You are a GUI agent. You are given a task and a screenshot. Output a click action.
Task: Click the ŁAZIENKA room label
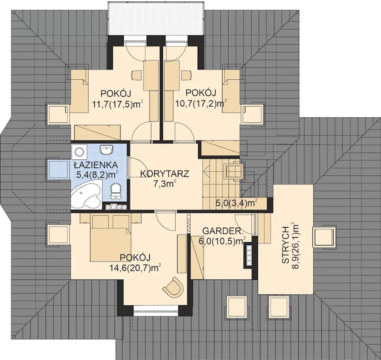[96, 165]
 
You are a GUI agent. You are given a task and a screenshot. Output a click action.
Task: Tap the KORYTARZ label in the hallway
[165, 174]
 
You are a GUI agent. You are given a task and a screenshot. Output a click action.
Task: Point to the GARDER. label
[223, 231]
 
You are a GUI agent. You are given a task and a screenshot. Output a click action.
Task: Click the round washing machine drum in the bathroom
[79, 152]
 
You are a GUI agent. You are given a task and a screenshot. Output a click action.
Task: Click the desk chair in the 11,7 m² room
[137, 75]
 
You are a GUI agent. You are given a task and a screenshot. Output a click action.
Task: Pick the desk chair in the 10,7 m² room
[187, 75]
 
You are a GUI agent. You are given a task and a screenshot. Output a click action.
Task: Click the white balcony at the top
[156, 19]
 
